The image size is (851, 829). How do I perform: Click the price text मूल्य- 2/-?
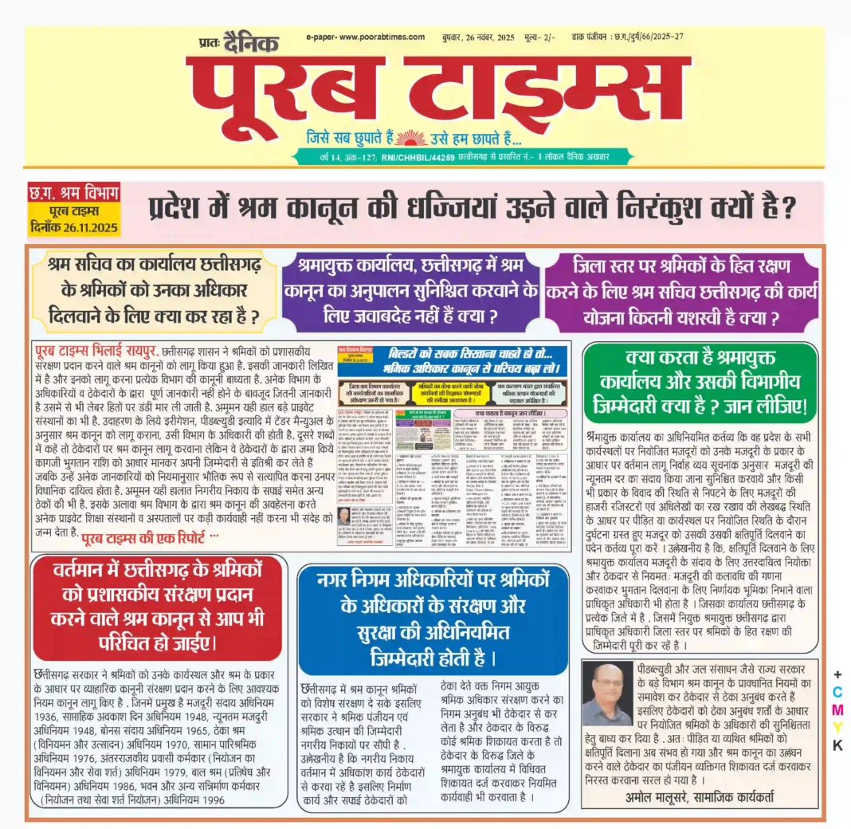541,37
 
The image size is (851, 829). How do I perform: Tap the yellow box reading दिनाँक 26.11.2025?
73,221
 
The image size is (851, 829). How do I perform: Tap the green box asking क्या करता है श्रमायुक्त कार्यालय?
700,383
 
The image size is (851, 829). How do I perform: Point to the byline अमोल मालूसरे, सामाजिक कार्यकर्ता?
699,797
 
